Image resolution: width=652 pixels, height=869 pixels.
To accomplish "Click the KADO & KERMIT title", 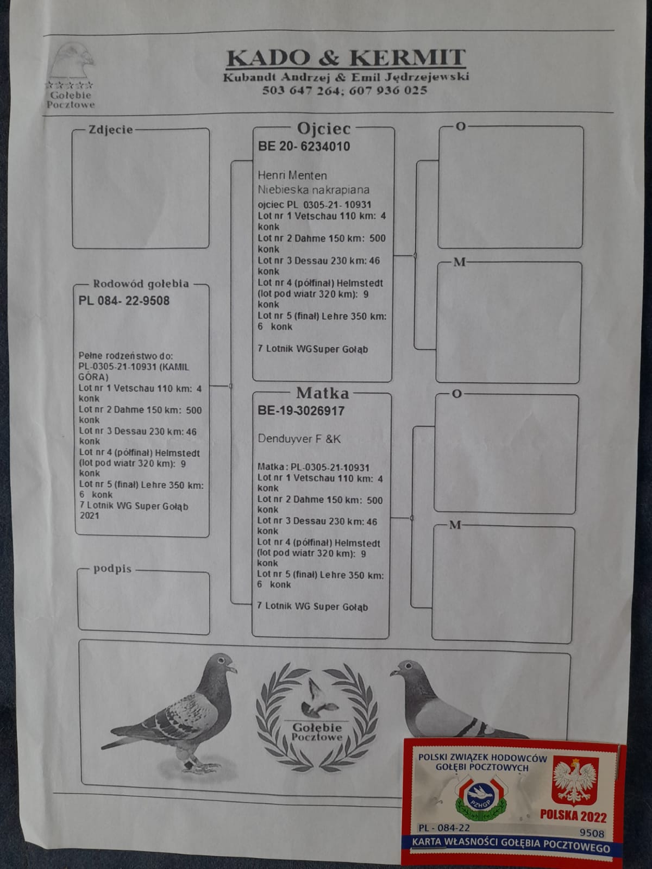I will point(346,58).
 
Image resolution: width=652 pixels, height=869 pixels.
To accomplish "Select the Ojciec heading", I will point(324,129).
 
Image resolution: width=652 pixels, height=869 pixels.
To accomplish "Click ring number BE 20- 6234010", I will point(304,146).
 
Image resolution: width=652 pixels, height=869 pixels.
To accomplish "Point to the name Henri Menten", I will point(292,175).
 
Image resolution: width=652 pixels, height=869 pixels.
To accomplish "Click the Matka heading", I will point(322,393).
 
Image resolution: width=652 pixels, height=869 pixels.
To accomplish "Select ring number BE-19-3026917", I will point(301,411).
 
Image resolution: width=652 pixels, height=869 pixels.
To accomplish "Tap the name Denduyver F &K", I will point(299,439).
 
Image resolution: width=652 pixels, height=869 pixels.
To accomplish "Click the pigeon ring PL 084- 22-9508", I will point(124,300).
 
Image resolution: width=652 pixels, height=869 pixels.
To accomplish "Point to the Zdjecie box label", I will point(110,129).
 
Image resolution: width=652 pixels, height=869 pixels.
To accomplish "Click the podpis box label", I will point(112,569).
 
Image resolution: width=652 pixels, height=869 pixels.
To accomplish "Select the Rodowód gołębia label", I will point(141,284).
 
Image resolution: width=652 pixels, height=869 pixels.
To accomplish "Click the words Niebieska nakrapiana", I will point(314,190).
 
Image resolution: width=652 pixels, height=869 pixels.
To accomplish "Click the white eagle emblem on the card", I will point(575,780).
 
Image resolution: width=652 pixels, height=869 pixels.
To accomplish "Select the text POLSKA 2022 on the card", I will point(573,816).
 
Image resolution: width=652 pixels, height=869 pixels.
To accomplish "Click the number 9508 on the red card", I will point(591,833).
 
